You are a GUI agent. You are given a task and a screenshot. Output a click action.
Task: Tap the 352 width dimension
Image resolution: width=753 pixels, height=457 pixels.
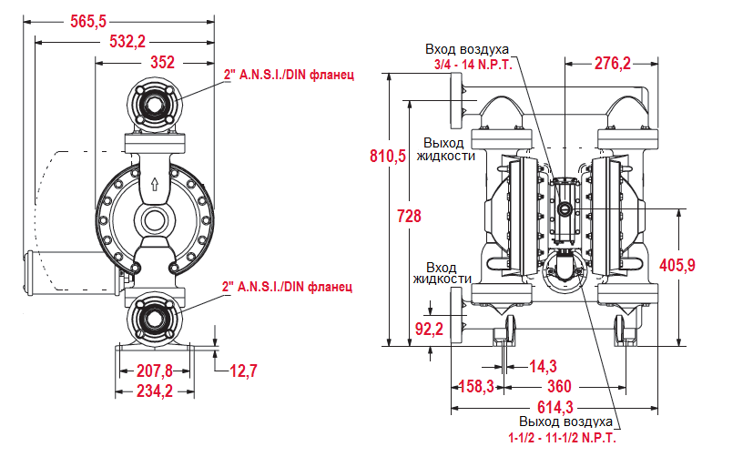(162, 63)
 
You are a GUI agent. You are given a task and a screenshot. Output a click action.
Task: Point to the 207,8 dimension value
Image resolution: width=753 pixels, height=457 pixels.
(154, 371)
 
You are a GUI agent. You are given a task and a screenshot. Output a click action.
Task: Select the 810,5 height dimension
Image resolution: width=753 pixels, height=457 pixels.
(388, 156)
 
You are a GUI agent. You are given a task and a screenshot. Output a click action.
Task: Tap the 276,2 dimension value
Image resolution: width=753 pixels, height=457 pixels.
(612, 63)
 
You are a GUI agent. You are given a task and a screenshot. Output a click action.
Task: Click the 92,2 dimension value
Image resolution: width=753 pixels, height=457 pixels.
(428, 329)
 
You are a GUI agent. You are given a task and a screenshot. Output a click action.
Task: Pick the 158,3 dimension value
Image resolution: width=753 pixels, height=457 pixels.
(475, 386)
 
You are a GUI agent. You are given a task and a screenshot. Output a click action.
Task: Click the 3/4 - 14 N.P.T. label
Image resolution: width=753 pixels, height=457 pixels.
(473, 64)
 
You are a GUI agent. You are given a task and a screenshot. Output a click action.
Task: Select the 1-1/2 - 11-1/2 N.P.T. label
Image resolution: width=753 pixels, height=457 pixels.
(567, 438)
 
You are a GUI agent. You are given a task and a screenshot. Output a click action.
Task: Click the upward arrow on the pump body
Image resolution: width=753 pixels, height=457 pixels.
(154, 181)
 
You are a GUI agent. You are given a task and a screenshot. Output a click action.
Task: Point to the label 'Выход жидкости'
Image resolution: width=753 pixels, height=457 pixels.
(445, 149)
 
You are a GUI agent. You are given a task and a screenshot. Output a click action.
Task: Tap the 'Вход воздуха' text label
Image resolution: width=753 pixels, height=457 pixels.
(472, 49)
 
